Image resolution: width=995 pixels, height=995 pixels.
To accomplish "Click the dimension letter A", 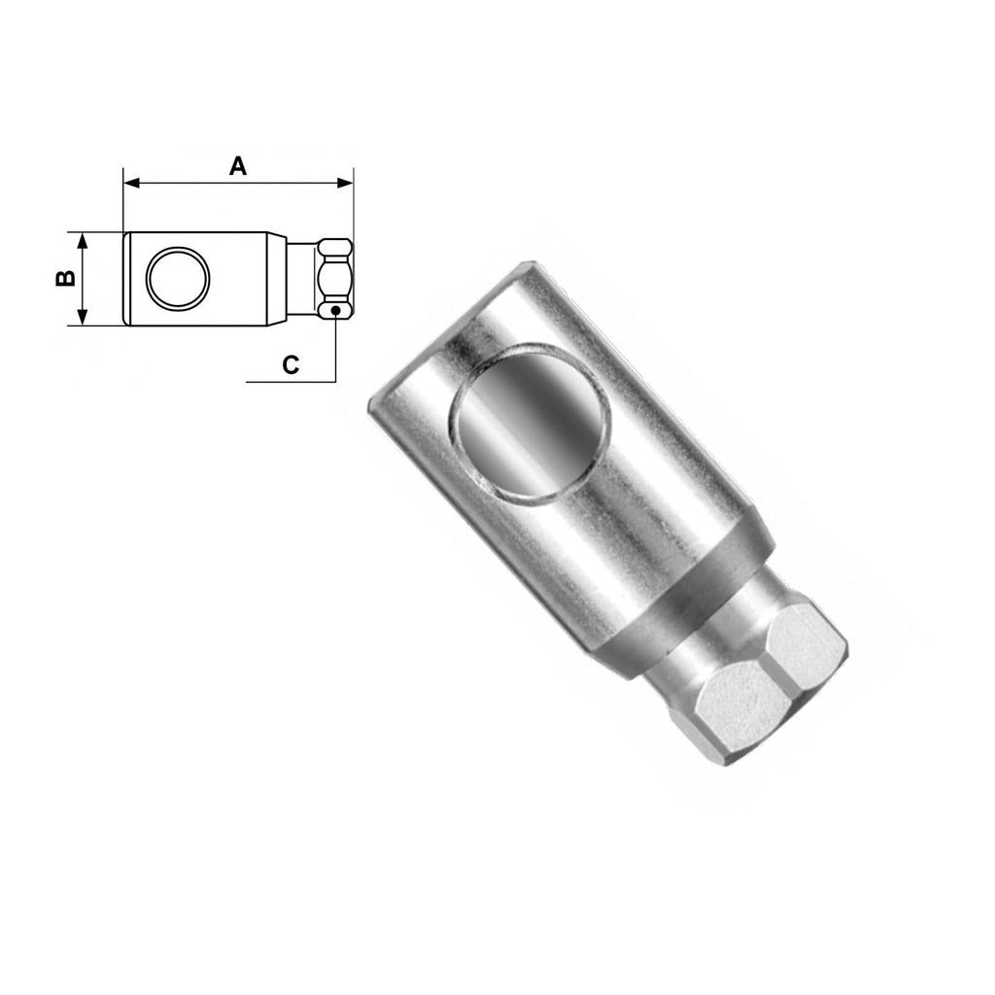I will pyautogui.click(x=238, y=165).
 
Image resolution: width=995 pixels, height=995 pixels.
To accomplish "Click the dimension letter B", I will pyautogui.click(x=65, y=278).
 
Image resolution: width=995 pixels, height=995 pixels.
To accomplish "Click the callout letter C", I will pyautogui.click(x=290, y=364).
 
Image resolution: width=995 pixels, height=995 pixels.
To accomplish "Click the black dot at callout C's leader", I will pyautogui.click(x=335, y=311).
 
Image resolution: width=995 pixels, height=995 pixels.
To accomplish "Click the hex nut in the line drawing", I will pyautogui.click(x=334, y=278).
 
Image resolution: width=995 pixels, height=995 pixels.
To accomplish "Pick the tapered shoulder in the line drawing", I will pyautogui.click(x=277, y=279).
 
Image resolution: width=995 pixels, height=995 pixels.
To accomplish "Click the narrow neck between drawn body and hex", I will pyautogui.click(x=301, y=279).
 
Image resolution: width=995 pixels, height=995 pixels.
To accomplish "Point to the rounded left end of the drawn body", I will pyautogui.click(x=125, y=279).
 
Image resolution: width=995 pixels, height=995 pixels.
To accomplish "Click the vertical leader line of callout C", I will pyautogui.click(x=335, y=350).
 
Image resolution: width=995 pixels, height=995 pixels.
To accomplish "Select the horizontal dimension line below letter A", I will pyautogui.click(x=238, y=182).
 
